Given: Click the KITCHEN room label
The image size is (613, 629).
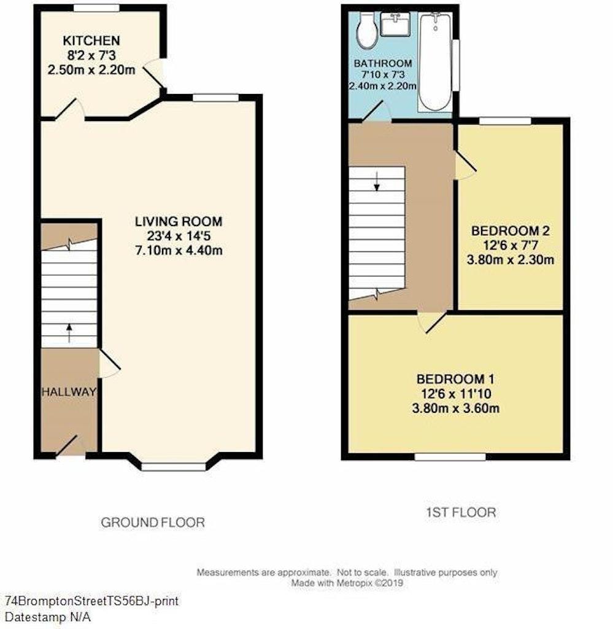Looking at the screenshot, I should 91,41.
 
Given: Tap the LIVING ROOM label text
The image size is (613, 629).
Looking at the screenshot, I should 179,221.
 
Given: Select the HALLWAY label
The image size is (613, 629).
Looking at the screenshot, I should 69,391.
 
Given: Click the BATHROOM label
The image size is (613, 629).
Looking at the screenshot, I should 382,63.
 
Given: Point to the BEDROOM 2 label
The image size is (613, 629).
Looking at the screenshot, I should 510,232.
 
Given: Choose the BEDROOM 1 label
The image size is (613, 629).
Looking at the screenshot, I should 455,378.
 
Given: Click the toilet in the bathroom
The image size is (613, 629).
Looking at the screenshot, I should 368,32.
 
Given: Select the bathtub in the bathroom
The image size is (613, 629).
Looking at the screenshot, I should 435,61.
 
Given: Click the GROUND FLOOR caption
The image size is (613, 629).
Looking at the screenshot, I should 152,523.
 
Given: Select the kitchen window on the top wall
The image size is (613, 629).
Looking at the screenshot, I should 96,8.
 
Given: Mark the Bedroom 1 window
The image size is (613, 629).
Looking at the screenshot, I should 450,457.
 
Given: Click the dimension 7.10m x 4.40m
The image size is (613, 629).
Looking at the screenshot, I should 179,250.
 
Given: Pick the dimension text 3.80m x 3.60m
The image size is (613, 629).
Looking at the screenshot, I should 455,408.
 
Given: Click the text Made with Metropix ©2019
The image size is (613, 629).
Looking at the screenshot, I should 347,583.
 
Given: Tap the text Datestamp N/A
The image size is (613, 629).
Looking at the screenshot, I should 48,617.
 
